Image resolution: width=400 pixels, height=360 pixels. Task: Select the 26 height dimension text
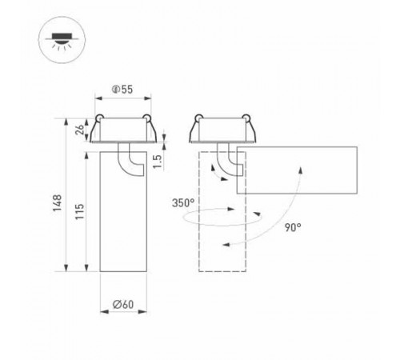[x=80, y=130]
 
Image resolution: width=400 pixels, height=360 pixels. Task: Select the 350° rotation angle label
[x=182, y=203]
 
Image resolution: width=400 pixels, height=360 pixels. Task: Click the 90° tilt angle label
[x=292, y=227]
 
